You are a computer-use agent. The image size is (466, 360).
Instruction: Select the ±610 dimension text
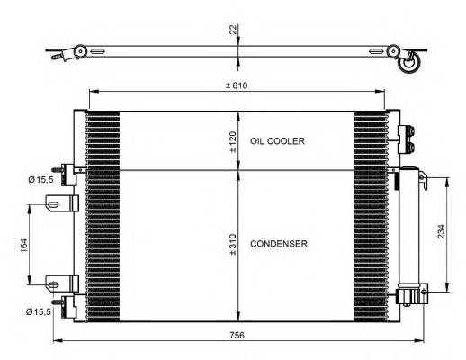coord(237,85)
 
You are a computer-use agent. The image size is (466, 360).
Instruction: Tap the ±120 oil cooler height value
coord(232,142)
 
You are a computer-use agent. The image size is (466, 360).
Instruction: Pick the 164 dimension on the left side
coord(22,243)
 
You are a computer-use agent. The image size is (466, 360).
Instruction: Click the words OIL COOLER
coord(278,141)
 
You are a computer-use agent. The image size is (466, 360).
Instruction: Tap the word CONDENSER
coord(279,244)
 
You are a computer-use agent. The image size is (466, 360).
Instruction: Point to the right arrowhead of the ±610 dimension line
coord(384,93)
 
